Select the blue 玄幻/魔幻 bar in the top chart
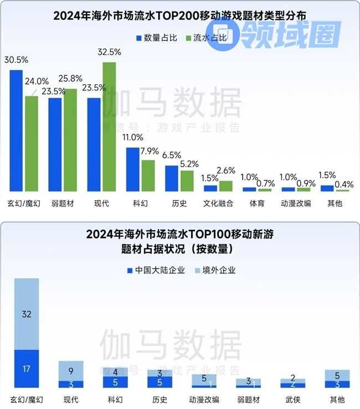coord(16,131)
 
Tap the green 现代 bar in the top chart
coord(110,127)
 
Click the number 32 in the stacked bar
coord(27,314)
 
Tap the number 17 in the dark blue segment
coord(27,369)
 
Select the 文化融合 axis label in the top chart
coord(219,203)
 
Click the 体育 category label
coord(257,203)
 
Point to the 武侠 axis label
coord(297,399)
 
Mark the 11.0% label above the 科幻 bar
coord(133,137)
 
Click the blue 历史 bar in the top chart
coord(172,178)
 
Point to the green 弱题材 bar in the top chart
coord(70,140)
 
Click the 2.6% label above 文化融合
coord(227,170)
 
